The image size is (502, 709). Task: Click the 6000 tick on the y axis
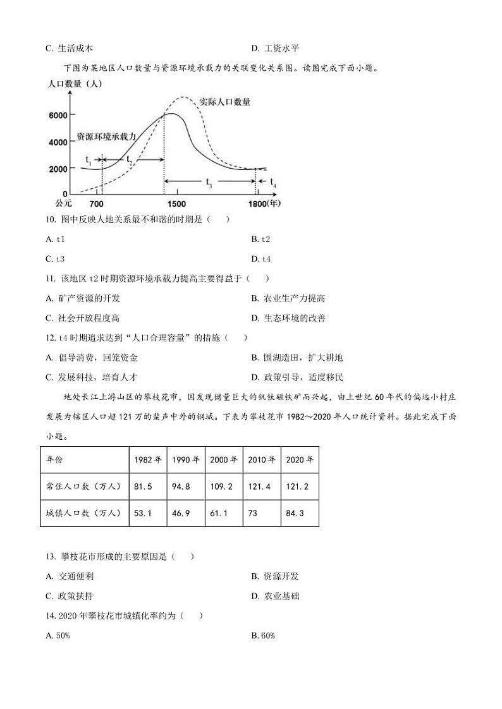[58, 115]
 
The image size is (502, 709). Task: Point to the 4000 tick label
[58, 142]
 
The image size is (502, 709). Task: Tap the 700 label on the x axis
[97, 203]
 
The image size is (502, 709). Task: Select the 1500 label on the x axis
[176, 203]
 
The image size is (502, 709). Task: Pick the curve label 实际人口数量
[224, 101]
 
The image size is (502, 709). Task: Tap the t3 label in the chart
[209, 183]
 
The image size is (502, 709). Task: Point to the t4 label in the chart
[273, 182]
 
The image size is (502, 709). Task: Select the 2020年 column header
[299, 459]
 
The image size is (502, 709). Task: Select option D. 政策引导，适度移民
[297, 377]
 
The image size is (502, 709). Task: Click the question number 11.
[51, 279]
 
